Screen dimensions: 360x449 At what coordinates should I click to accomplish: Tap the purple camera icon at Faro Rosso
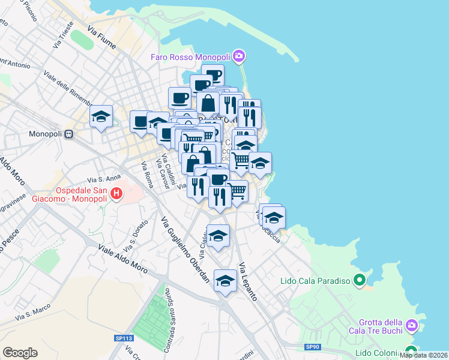pyautogui.click(x=239, y=56)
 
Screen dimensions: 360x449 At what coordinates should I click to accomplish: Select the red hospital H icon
pyautogui.click(x=117, y=194)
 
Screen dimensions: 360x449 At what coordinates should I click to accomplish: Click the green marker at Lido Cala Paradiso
pyautogui.click(x=360, y=280)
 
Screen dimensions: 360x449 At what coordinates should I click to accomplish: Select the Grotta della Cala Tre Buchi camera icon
pyautogui.click(x=412, y=325)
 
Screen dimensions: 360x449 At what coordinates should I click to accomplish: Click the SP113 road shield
pyautogui.click(x=124, y=338)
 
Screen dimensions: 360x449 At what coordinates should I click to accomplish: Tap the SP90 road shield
pyautogui.click(x=312, y=347)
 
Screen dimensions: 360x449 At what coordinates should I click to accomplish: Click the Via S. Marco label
pyautogui.click(x=32, y=313)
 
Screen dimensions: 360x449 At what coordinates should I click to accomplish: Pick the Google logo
pyautogui.click(x=20, y=353)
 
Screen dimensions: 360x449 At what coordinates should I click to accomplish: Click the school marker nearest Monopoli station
pyautogui.click(x=101, y=116)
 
